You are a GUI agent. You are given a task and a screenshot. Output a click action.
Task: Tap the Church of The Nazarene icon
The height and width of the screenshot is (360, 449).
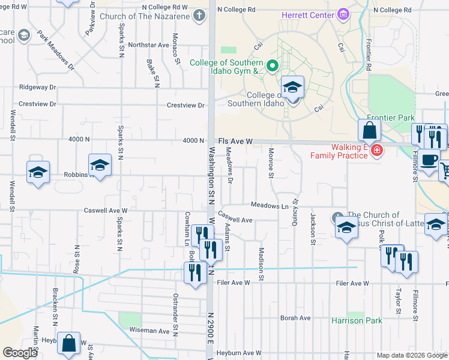[x=200, y=16]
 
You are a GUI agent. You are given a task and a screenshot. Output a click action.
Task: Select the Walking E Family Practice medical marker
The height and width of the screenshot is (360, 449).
[x=376, y=150]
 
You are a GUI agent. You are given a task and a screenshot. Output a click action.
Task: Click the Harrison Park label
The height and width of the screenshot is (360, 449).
[x=357, y=320]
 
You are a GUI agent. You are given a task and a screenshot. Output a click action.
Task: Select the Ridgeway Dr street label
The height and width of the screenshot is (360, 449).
[x=37, y=87]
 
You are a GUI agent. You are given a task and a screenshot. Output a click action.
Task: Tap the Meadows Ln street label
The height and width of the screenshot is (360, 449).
[x=270, y=206]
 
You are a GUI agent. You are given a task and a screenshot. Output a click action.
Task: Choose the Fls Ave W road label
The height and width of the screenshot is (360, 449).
[x=235, y=140]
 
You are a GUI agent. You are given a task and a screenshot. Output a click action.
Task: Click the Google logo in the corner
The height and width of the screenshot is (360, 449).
[x=20, y=352]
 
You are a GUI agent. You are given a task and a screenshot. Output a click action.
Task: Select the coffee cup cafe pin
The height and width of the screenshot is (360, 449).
[x=429, y=161]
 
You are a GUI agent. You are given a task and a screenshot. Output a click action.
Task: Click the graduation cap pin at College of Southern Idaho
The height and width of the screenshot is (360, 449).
[x=293, y=88]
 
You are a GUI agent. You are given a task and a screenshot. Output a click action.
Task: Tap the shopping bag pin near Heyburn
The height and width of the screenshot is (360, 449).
[x=69, y=344]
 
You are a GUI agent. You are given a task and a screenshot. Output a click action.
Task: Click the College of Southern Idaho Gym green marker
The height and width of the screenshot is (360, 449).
[x=272, y=65]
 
